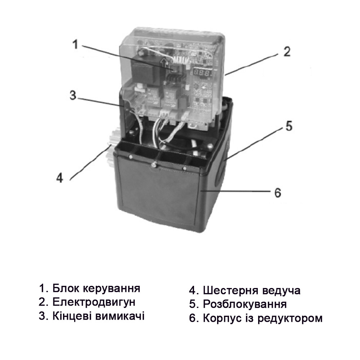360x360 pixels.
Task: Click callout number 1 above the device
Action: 75,44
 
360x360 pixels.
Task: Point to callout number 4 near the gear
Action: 60,177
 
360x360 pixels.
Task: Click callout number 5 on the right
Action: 289,126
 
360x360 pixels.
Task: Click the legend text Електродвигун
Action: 94,302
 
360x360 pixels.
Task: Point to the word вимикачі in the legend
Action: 121,316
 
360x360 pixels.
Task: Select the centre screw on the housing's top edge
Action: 154,165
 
